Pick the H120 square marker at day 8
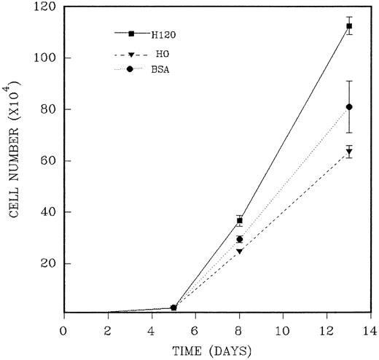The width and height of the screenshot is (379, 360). coord(239,220)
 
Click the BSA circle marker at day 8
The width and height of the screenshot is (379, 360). coord(239,239)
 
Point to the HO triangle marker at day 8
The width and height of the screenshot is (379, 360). coord(239,251)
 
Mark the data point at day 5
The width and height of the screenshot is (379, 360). coord(173,308)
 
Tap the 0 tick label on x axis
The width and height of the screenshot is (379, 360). coord(64,328)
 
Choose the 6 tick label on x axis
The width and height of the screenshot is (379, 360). coord(195,328)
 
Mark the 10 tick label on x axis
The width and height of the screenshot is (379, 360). coord(283,328)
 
